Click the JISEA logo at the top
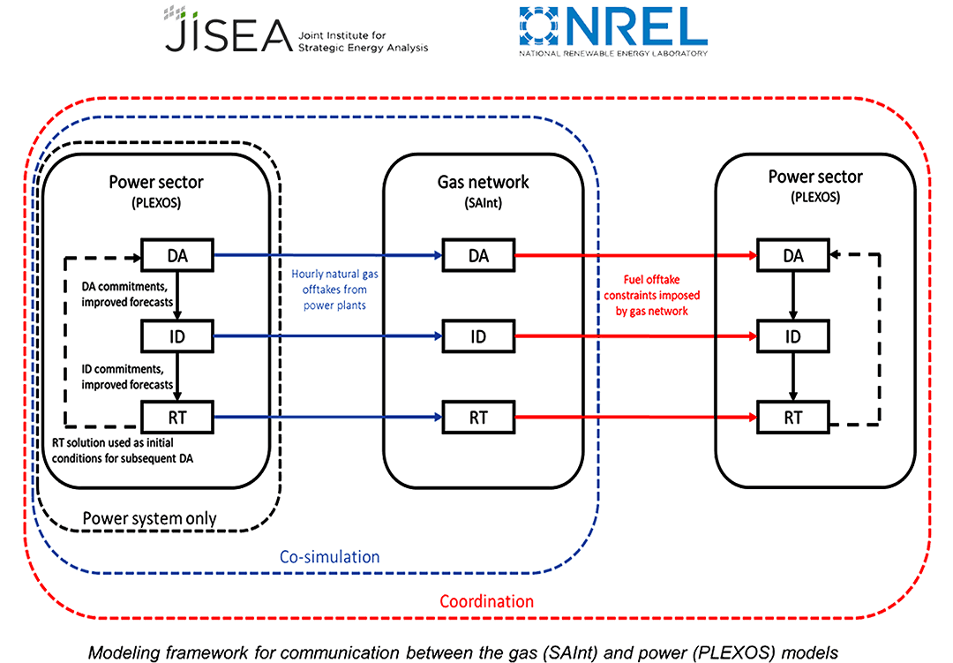coord(296,31)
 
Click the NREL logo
coord(612,31)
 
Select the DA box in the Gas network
coord(477,256)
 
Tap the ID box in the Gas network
coord(477,336)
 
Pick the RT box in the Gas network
coord(477,417)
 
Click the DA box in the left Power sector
coord(177,256)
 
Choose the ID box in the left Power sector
coord(177,336)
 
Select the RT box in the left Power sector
coord(177,417)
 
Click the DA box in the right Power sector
coord(793,256)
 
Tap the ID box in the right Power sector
coord(793,336)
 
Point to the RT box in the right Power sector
coord(793,417)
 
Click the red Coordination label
coord(486,602)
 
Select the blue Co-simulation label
coord(329,557)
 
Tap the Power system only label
coord(149,518)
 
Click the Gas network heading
coord(484,182)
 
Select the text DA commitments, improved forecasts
coord(127,295)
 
